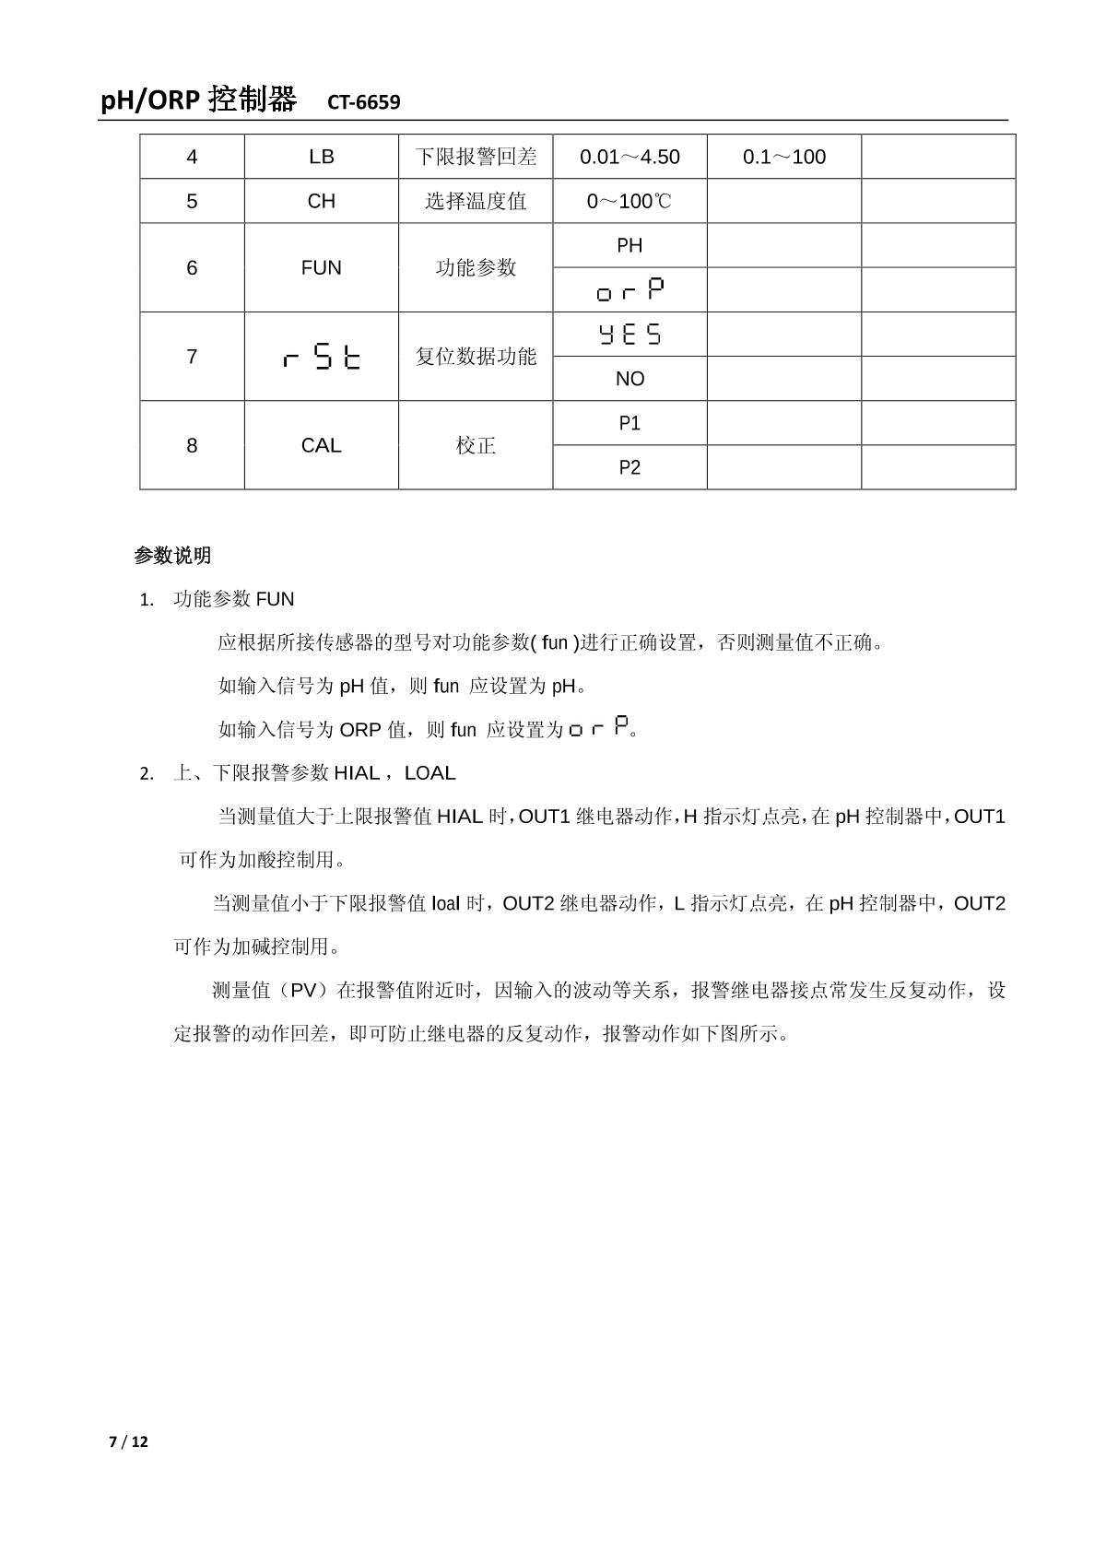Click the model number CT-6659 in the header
pyautogui.click(x=363, y=102)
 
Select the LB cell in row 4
pyautogui.click(x=321, y=157)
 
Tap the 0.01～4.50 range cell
pyautogui.click(x=629, y=157)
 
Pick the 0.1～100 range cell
pyautogui.click(x=784, y=157)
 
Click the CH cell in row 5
pyautogui.click(x=321, y=201)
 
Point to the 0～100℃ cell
pyautogui.click(x=629, y=201)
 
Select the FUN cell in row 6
pyautogui.click(x=321, y=267)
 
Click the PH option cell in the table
pyautogui.click(x=629, y=245)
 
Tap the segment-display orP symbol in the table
pyautogui.click(x=630, y=290)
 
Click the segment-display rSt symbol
pyautogui.click(x=322, y=357)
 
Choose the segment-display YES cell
pyautogui.click(x=630, y=334)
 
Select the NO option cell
pyautogui.click(x=629, y=379)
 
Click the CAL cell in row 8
pyautogui.click(x=321, y=445)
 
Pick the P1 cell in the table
pyautogui.click(x=629, y=423)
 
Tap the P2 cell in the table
pyautogui.click(x=629, y=467)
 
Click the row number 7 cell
pyautogui.click(x=192, y=357)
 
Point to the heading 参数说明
pyautogui.click(x=172, y=556)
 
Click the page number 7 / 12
pyautogui.click(x=128, y=1441)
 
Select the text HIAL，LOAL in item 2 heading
pyautogui.click(x=394, y=773)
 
